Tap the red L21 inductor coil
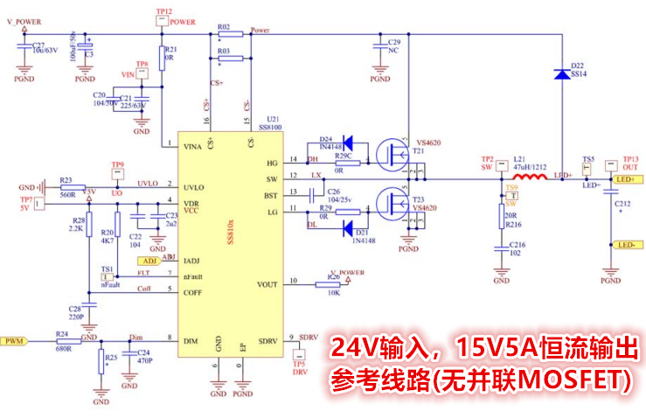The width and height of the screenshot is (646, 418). [x=525, y=179]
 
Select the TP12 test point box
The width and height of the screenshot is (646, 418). [x=162, y=22]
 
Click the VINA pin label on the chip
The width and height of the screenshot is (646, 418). [x=193, y=145]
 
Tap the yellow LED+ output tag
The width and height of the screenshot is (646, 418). [x=625, y=179]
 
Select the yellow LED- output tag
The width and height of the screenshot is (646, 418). [x=623, y=244]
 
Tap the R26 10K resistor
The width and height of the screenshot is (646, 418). [x=332, y=282]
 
